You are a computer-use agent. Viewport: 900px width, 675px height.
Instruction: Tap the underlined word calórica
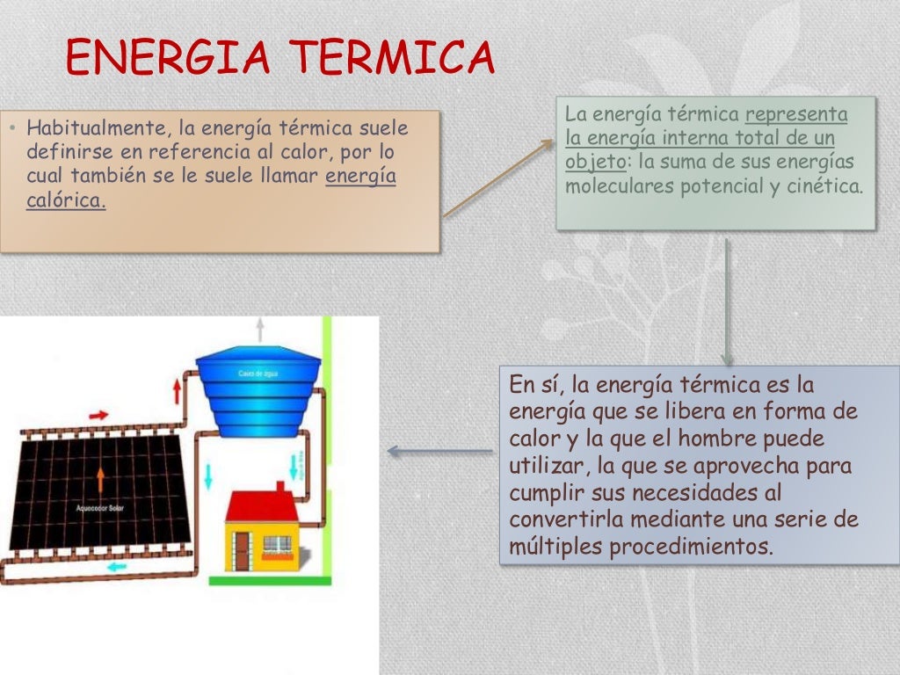pos(66,200)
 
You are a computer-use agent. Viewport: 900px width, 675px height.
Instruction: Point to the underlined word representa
pos(796,114)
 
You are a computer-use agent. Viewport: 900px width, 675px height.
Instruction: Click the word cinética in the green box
pos(826,186)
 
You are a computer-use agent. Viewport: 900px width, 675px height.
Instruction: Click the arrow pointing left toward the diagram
pos(439,452)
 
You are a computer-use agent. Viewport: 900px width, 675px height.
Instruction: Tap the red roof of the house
pos(261,505)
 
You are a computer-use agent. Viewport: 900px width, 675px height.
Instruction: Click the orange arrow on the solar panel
pos(100,480)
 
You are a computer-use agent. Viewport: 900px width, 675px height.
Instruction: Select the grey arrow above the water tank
pos(259,330)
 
